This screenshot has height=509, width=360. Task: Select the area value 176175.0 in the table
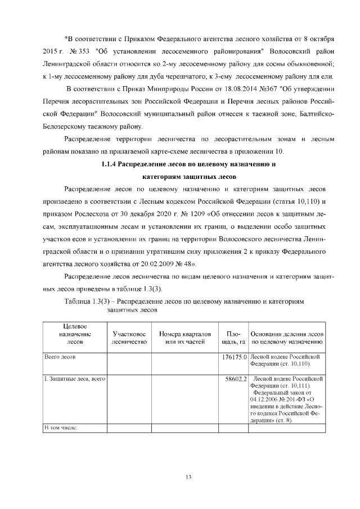coord(236,357)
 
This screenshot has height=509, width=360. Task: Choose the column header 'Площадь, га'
coord(234,337)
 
